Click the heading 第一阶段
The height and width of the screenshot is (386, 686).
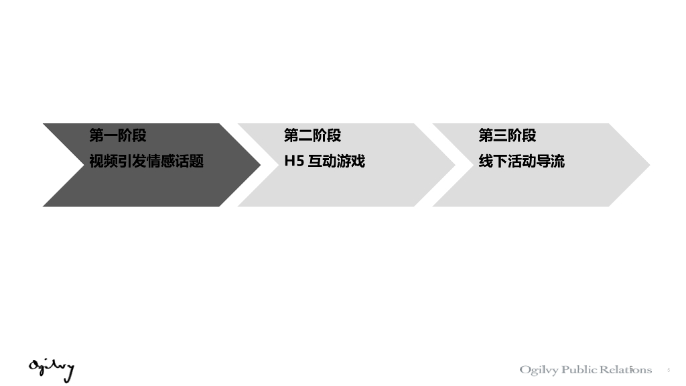click(118, 136)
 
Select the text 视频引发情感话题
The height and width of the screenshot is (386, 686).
click(146, 162)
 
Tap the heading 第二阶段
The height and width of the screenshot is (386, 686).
click(312, 136)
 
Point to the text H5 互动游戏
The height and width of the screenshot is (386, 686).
click(324, 162)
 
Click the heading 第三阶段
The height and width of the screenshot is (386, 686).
click(507, 136)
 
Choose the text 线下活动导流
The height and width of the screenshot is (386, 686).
click(521, 162)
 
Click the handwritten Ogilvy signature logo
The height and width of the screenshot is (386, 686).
click(51, 369)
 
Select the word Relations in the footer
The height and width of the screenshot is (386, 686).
click(626, 370)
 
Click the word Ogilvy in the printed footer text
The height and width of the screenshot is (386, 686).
click(539, 371)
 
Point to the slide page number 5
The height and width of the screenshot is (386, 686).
click(669, 370)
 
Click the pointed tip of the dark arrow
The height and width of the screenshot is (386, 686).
click(259, 165)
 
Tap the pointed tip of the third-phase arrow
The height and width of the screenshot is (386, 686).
click(648, 165)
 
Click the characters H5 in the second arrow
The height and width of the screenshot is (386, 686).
click(293, 162)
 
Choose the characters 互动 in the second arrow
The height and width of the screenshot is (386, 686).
click(322, 162)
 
